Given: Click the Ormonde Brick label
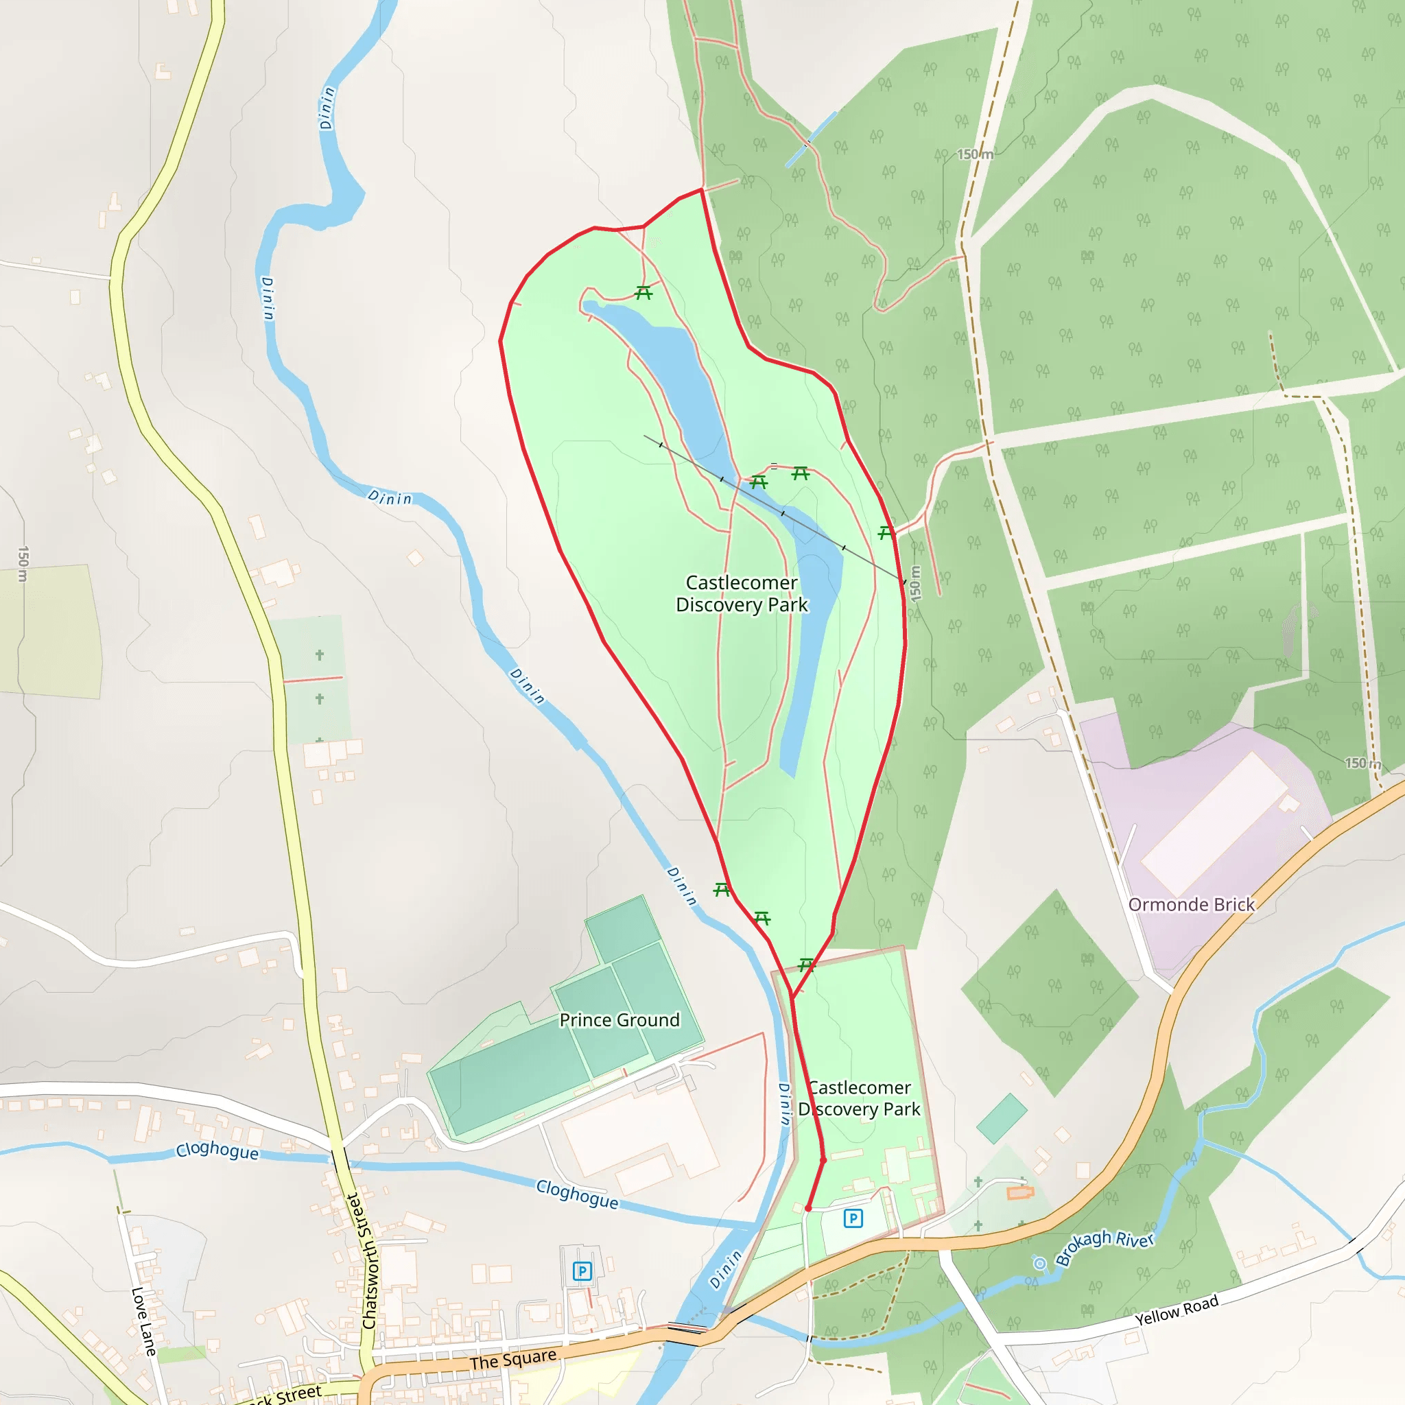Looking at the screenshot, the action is click(1191, 905).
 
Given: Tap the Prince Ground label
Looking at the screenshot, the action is click(619, 1019).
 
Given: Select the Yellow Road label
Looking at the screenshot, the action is click(1176, 1310).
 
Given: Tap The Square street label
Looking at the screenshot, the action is click(512, 1359).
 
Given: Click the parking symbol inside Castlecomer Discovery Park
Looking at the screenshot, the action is click(853, 1218).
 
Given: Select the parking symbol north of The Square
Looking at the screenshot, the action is click(582, 1271).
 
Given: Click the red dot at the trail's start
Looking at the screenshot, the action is click(808, 1208).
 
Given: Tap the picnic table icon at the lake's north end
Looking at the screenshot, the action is click(643, 293).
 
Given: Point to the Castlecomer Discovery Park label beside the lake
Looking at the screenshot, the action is click(741, 593).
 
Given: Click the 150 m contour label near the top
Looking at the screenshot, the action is click(974, 154).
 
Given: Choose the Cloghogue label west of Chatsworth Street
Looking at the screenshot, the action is click(217, 1151).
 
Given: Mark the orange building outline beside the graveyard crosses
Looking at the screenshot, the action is click(1020, 1192).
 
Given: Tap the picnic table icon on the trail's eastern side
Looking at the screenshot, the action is click(885, 533).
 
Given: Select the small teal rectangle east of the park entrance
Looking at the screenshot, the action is click(1002, 1118).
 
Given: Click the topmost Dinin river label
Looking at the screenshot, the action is click(327, 108).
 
